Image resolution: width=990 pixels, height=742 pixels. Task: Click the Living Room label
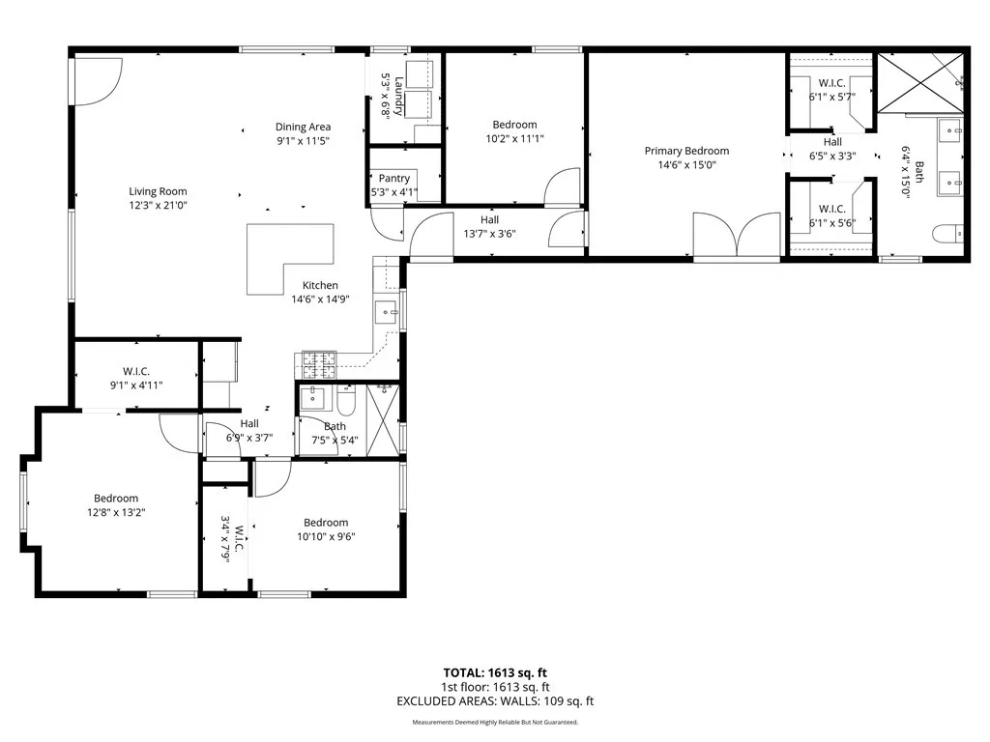[159, 191]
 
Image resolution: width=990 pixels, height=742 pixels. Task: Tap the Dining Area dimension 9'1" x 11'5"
[304, 141]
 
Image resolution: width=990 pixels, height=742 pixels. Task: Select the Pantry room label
[394, 178]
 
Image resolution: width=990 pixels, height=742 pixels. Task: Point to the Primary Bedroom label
[686, 151]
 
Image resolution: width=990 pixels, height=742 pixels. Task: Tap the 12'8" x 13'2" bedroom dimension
[116, 513]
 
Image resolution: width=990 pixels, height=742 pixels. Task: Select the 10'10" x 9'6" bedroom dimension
[324, 537]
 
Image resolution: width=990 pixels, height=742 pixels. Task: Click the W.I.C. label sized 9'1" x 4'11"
[136, 385]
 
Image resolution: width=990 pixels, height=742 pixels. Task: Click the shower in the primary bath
[919, 82]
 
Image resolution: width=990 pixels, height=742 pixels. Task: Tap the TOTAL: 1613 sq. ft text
[494, 672]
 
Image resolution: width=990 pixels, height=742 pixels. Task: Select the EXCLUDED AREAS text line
[494, 701]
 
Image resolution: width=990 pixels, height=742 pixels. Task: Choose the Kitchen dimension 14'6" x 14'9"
[320, 300]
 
